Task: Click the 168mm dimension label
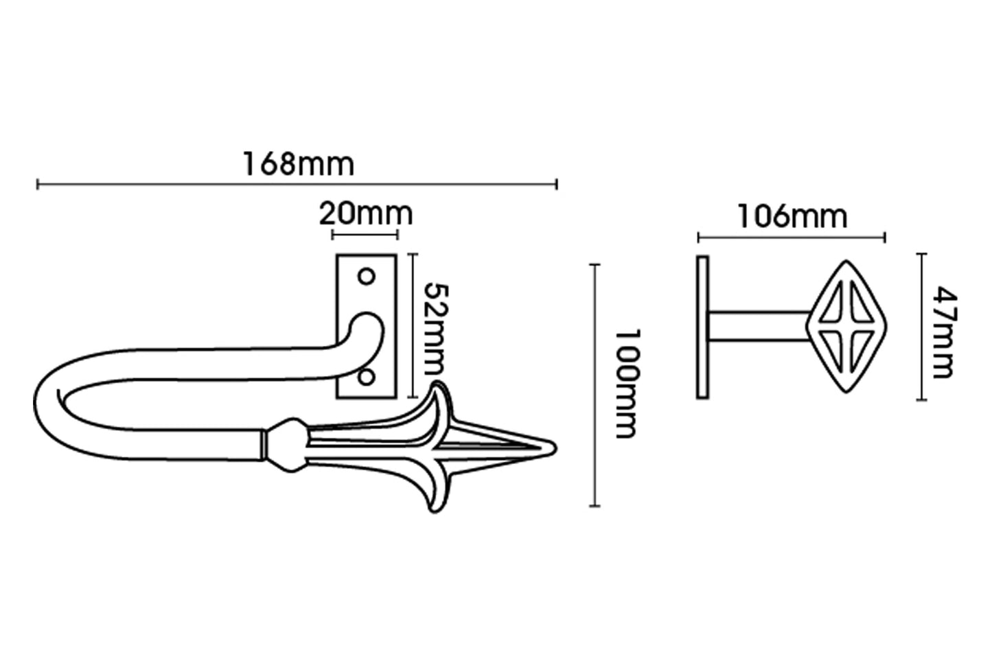299,164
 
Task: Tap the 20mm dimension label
366,214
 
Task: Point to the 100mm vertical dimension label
628,384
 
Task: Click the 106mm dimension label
792,217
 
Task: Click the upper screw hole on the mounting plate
366,277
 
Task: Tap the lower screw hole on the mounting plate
366,378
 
